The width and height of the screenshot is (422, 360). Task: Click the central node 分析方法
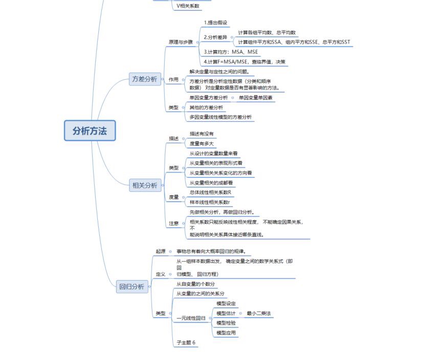(x=90, y=131)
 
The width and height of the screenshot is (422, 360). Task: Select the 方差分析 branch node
(x=145, y=79)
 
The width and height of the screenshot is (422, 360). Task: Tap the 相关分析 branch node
(x=145, y=186)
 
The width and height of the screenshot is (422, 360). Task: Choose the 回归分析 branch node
(x=132, y=286)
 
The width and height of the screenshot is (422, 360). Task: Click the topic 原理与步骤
(x=181, y=42)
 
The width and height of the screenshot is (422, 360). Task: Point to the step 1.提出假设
(x=215, y=22)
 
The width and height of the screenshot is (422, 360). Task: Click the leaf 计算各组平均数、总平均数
(x=266, y=32)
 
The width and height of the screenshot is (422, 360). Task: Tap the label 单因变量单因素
(x=256, y=97)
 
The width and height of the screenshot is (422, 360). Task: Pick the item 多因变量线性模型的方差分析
(x=220, y=117)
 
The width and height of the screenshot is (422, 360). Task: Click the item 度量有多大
(x=202, y=144)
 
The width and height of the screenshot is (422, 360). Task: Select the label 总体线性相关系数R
(x=210, y=192)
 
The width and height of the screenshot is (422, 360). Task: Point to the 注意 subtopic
(x=174, y=223)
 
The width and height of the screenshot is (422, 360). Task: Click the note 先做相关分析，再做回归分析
(x=221, y=212)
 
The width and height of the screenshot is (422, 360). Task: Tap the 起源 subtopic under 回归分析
(x=161, y=251)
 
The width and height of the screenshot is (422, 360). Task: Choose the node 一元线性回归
(x=191, y=318)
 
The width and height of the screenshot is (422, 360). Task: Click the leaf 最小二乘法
(x=258, y=313)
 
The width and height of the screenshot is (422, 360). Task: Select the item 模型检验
(x=226, y=323)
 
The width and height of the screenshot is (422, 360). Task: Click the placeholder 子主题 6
(x=186, y=343)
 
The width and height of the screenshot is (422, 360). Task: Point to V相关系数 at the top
(x=188, y=6)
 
